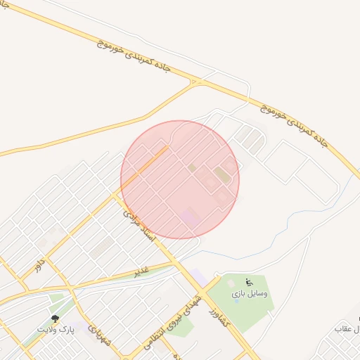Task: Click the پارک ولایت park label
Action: pyautogui.click(x=55, y=329)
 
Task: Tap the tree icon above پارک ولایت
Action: pyautogui.click(x=55, y=319)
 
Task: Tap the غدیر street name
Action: pyautogui.click(x=142, y=270)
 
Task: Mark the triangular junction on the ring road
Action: pyautogui.click(x=195, y=83)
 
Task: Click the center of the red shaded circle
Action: pyautogui.click(x=180, y=179)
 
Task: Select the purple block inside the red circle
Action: pyautogui.click(x=191, y=217)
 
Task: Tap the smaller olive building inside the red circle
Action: pyautogui.click(x=193, y=168)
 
